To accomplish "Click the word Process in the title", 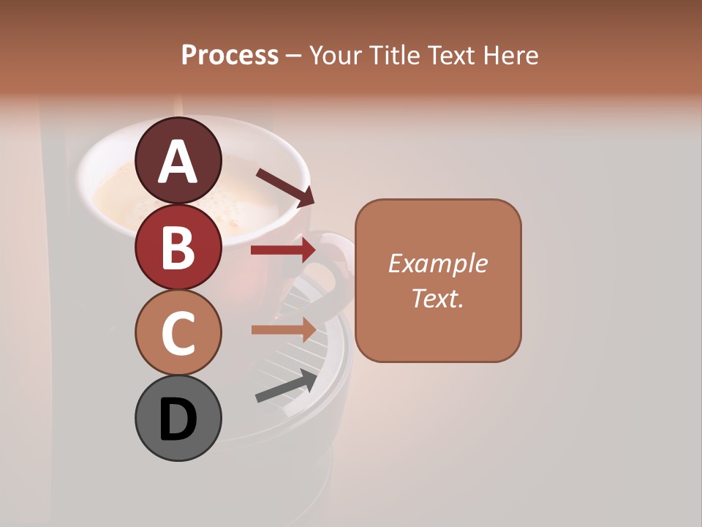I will (x=230, y=56).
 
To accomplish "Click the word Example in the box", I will (x=437, y=263).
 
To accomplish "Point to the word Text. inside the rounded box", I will (x=437, y=298).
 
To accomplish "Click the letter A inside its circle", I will (x=178, y=162).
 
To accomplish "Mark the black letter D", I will (x=178, y=420).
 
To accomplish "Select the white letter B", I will (x=178, y=248).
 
